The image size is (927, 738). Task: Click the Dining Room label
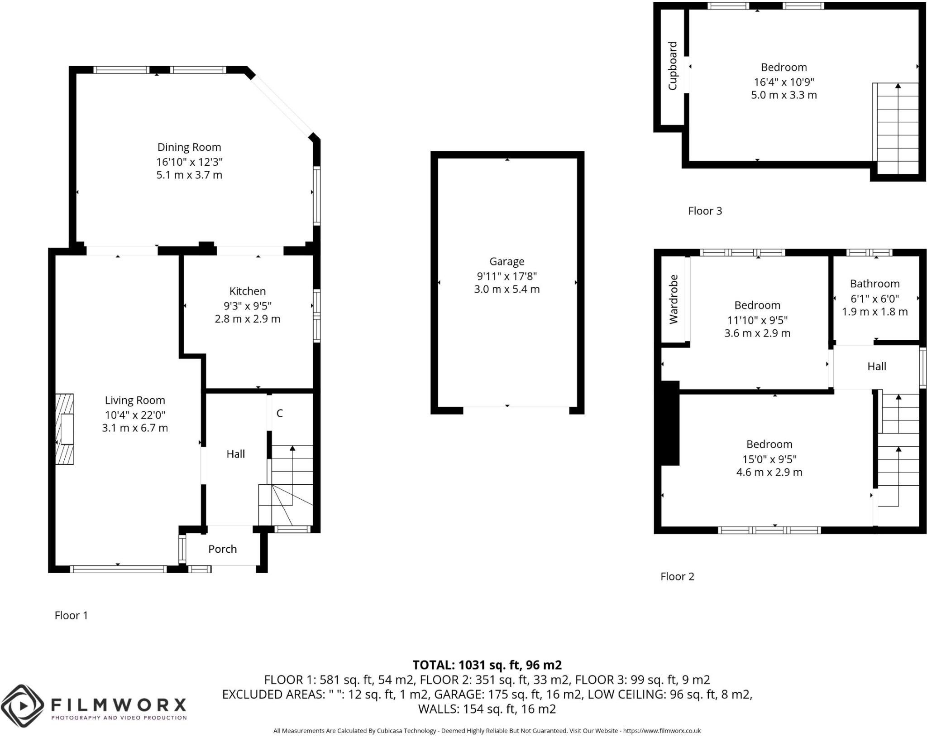[x=189, y=147]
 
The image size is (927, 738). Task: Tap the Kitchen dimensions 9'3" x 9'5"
[x=247, y=306]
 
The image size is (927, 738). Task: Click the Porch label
[x=222, y=549]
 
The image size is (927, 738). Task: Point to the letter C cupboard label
[x=280, y=413]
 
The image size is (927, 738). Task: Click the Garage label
[x=507, y=261]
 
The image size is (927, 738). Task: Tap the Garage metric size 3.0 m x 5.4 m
[x=507, y=289]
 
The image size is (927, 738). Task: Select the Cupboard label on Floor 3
[x=673, y=66]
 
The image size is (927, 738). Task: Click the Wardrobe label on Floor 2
[x=674, y=299]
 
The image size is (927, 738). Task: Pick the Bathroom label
[x=874, y=284]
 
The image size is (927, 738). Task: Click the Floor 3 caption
[x=705, y=211]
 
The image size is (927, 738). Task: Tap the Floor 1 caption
[x=71, y=615]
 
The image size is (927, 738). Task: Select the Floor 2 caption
[x=677, y=576]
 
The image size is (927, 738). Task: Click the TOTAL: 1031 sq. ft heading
[x=487, y=665]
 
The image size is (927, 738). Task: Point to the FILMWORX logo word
[x=119, y=705]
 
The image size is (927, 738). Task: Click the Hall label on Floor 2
[x=876, y=367]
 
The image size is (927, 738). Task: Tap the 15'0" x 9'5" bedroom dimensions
[x=769, y=458]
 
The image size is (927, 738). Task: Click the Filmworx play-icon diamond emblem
[x=22, y=706]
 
